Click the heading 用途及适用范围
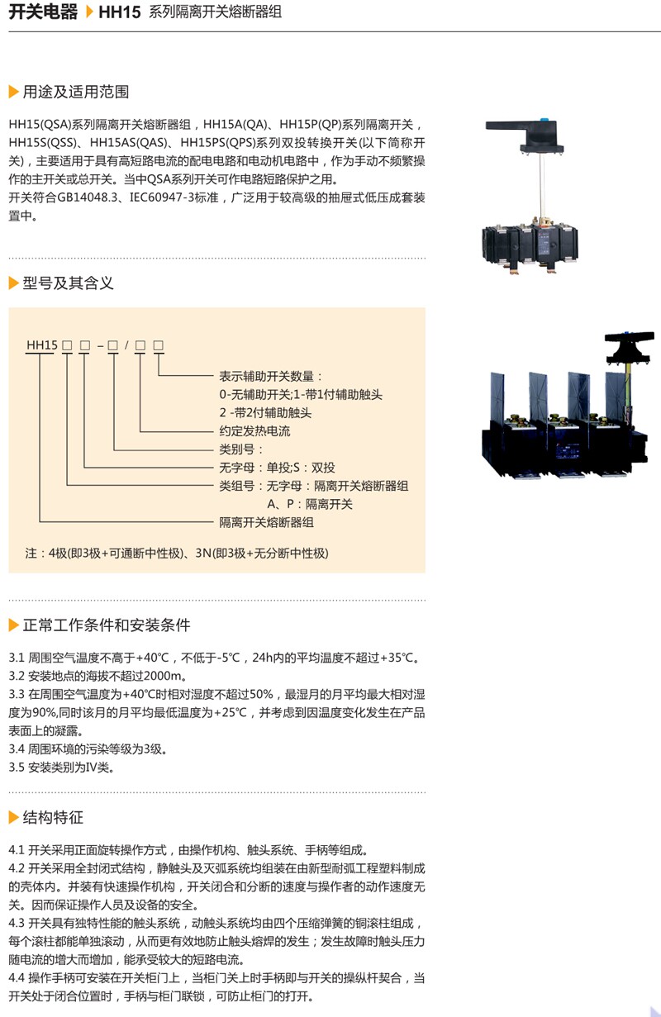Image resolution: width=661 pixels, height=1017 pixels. point(76,92)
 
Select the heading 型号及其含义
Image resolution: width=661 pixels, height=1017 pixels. point(68,283)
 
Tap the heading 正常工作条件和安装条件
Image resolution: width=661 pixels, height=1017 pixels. point(107,625)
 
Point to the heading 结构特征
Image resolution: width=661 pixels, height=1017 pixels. point(53,818)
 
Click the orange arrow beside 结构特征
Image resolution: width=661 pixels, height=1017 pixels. point(13,818)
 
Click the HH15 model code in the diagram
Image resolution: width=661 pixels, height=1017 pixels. point(40,345)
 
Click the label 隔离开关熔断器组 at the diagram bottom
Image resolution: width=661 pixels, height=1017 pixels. point(266,522)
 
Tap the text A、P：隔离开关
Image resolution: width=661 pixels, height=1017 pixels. point(309,504)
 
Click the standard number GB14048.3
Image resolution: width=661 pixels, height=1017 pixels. point(89,198)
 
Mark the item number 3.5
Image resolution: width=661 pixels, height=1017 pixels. point(17,767)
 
